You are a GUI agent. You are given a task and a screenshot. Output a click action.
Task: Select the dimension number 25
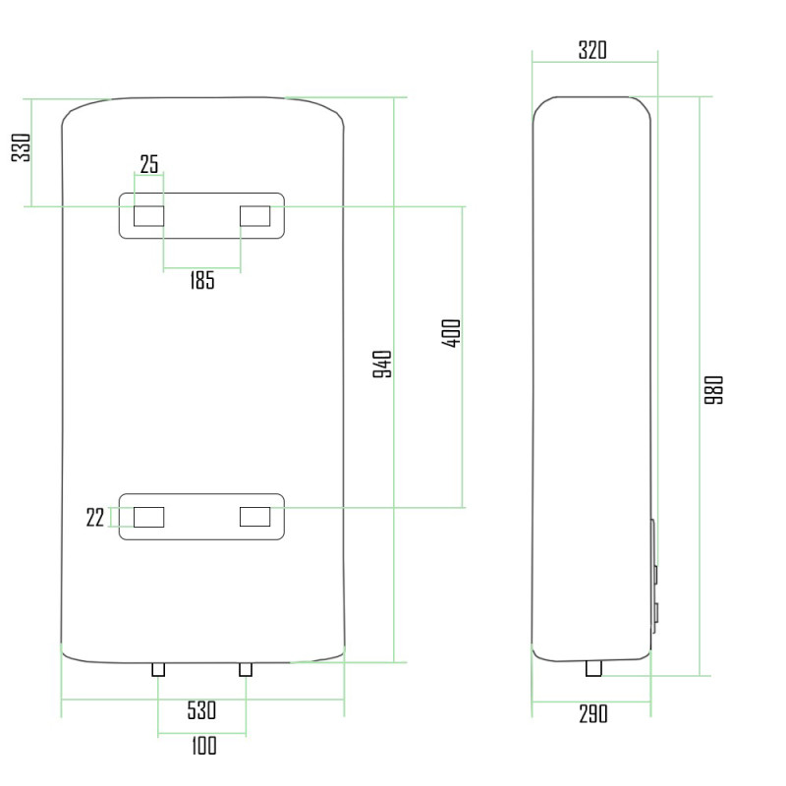coord(148,164)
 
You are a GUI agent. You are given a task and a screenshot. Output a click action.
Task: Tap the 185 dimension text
coord(200,281)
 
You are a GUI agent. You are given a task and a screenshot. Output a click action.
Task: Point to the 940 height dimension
coord(384,365)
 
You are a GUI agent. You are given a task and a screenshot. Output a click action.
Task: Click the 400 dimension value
coord(452,335)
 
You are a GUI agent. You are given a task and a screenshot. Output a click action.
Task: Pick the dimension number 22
coord(95,518)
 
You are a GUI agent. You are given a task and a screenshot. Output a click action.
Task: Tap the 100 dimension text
coord(202,747)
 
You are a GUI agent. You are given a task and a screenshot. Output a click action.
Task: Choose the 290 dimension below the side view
coord(592,714)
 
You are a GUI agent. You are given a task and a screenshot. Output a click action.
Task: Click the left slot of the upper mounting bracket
coord(148,215)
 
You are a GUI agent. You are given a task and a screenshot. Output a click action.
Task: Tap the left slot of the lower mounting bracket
coord(148,517)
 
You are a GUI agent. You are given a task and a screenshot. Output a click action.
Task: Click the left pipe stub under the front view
coord(158,669)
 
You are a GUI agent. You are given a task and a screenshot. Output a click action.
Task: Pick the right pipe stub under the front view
coord(246,669)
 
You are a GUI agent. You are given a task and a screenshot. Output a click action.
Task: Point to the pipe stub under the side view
coord(593,669)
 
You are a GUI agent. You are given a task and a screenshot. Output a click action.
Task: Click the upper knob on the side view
coord(655,572)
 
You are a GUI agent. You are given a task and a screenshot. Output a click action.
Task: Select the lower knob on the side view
coord(655,614)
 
